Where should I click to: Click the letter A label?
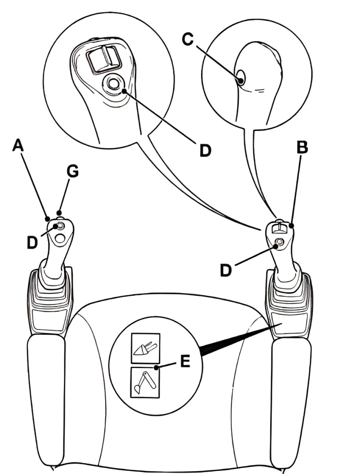click(x=17, y=146)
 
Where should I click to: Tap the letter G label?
click(x=72, y=172)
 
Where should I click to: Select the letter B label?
click(x=302, y=148)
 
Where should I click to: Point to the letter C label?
click(x=187, y=40)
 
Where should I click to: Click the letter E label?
click(x=185, y=362)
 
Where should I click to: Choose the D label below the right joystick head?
click(x=226, y=270)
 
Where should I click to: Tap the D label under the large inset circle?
click(x=205, y=150)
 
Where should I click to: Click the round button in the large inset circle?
click(x=113, y=84)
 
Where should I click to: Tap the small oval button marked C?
click(x=241, y=77)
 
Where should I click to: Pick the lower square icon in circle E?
click(x=145, y=382)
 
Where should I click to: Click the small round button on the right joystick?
click(x=280, y=243)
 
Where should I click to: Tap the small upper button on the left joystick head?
click(x=59, y=226)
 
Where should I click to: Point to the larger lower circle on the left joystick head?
click(x=59, y=238)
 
